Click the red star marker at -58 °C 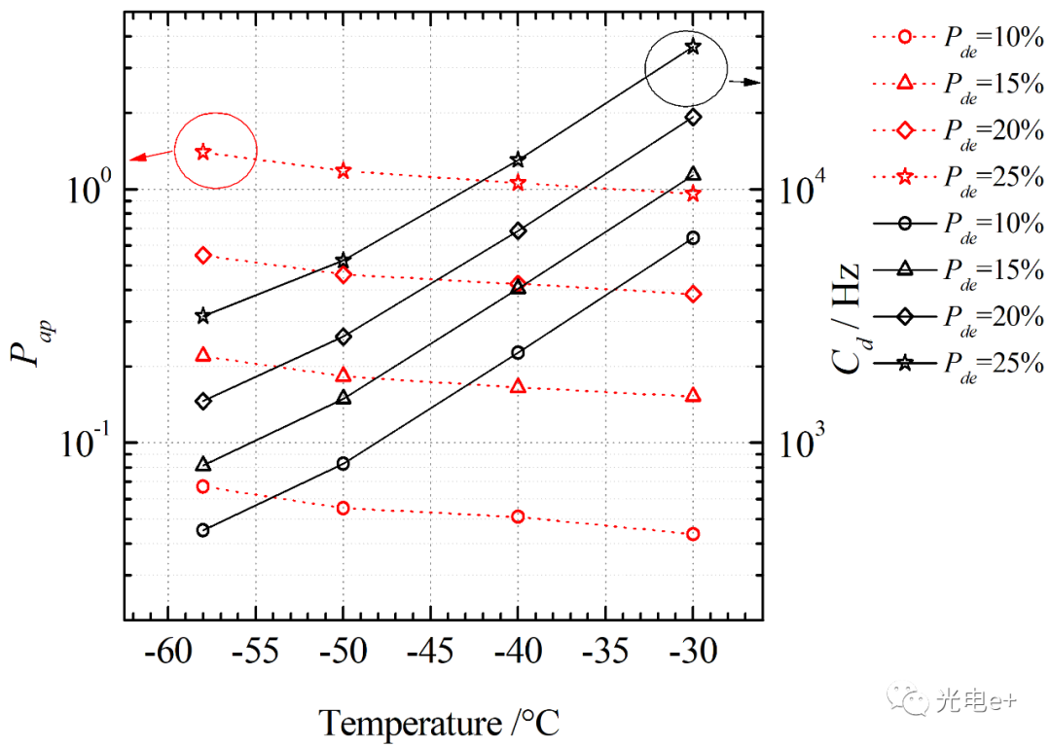202,152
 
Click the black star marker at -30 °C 693,46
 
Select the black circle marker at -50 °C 343,463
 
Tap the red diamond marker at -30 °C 693,294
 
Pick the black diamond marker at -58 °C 202,401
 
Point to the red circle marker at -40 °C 518,516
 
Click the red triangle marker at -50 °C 343,374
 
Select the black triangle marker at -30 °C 693,174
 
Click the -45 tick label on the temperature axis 429,651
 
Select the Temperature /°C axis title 439,723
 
